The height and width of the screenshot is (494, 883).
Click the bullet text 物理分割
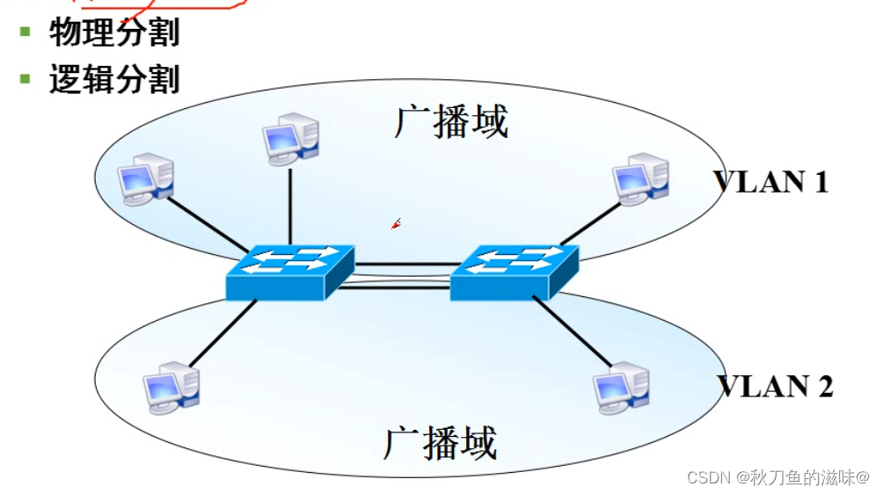pyautogui.click(x=114, y=33)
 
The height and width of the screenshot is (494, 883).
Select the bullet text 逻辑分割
pyautogui.click(x=114, y=79)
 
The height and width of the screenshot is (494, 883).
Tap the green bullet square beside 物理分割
pyautogui.click(x=26, y=32)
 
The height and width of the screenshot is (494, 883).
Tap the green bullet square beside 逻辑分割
pyautogui.click(x=26, y=78)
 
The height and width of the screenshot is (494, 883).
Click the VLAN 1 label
pyautogui.click(x=771, y=182)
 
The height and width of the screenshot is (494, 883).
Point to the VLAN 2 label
pyautogui.click(x=775, y=387)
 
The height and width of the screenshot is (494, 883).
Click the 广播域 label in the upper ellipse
pyautogui.click(x=450, y=122)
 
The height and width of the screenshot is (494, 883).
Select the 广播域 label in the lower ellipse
pyautogui.click(x=440, y=444)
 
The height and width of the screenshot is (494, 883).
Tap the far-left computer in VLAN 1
pyautogui.click(x=146, y=179)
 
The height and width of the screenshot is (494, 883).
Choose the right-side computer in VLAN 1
pyautogui.click(x=641, y=179)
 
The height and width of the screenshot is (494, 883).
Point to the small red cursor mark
pyautogui.click(x=396, y=224)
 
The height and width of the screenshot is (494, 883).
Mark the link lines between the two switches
pyautogui.click(x=402, y=274)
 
